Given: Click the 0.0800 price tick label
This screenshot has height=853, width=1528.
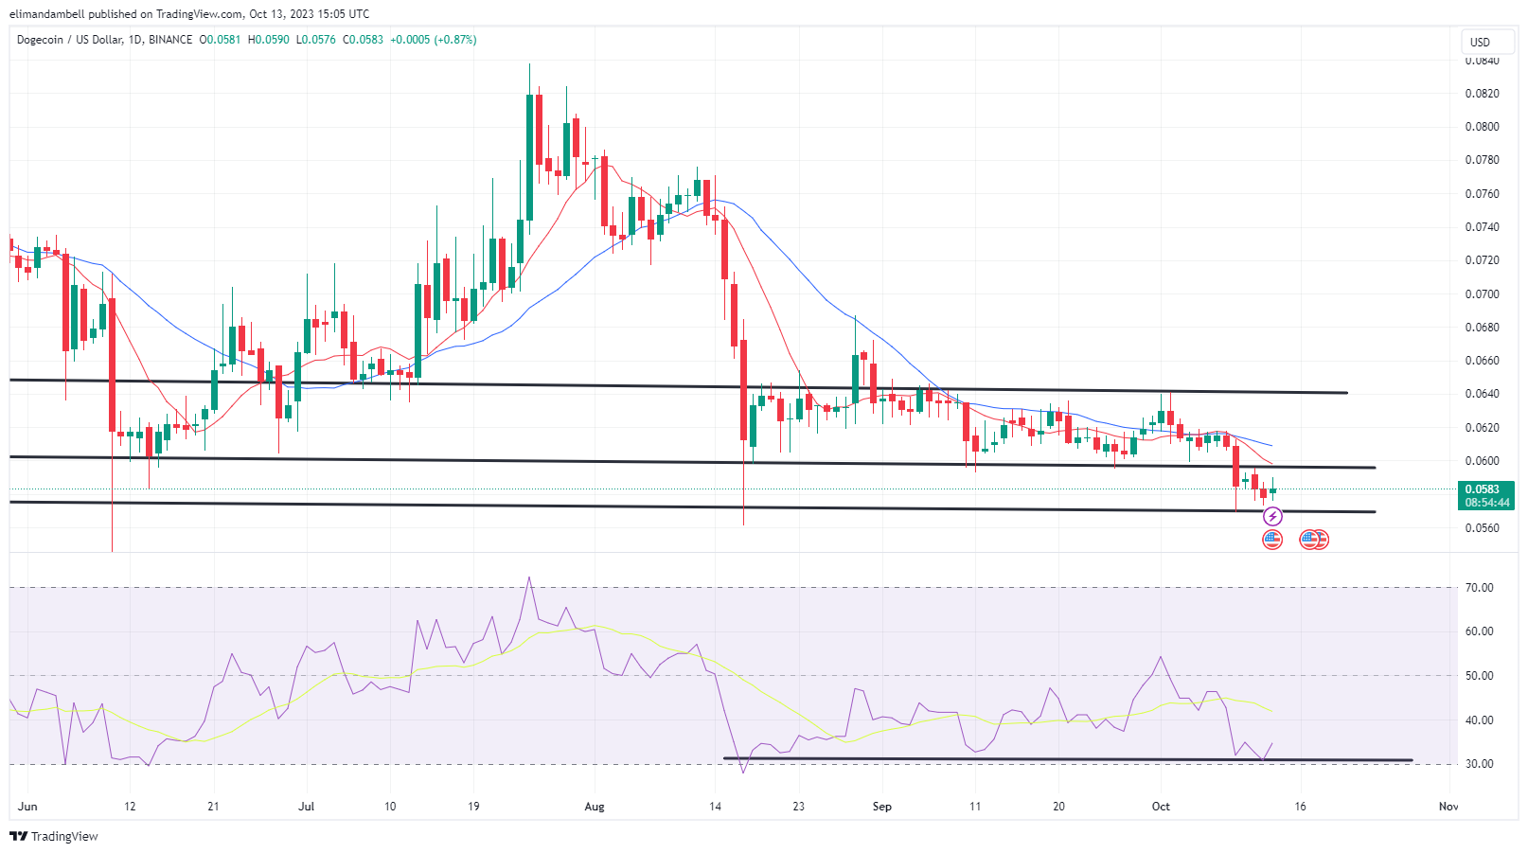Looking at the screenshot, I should [x=1482, y=127].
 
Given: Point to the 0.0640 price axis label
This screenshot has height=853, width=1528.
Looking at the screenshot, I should [x=1482, y=394].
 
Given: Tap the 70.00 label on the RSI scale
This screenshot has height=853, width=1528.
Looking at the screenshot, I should [x=1479, y=588].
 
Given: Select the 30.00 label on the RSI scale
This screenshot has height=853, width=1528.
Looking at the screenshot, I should [x=1479, y=764].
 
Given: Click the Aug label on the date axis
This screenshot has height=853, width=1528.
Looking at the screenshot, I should [x=595, y=807].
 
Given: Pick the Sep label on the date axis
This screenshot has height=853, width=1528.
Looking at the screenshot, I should [x=882, y=807].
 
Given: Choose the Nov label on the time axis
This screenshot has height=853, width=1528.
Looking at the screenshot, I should [x=1448, y=807].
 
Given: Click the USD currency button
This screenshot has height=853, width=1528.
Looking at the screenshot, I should [x=1480, y=42].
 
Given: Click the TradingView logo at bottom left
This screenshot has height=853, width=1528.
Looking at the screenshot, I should [x=54, y=836].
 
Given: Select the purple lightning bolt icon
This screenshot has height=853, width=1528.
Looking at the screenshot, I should [x=1273, y=516].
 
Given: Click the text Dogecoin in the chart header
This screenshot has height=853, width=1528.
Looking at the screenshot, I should [x=40, y=40].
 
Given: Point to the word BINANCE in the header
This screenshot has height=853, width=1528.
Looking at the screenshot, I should [x=170, y=40].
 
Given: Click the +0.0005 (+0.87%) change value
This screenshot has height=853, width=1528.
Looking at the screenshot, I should [x=435, y=40].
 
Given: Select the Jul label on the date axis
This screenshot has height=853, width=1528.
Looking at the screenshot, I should [x=306, y=807].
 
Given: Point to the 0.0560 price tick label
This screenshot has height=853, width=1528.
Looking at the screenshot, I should [x=1482, y=528].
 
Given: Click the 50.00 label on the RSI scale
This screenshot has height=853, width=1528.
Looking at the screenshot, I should [x=1479, y=676].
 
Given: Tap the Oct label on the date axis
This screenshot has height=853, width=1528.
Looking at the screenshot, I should [x=1161, y=807].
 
